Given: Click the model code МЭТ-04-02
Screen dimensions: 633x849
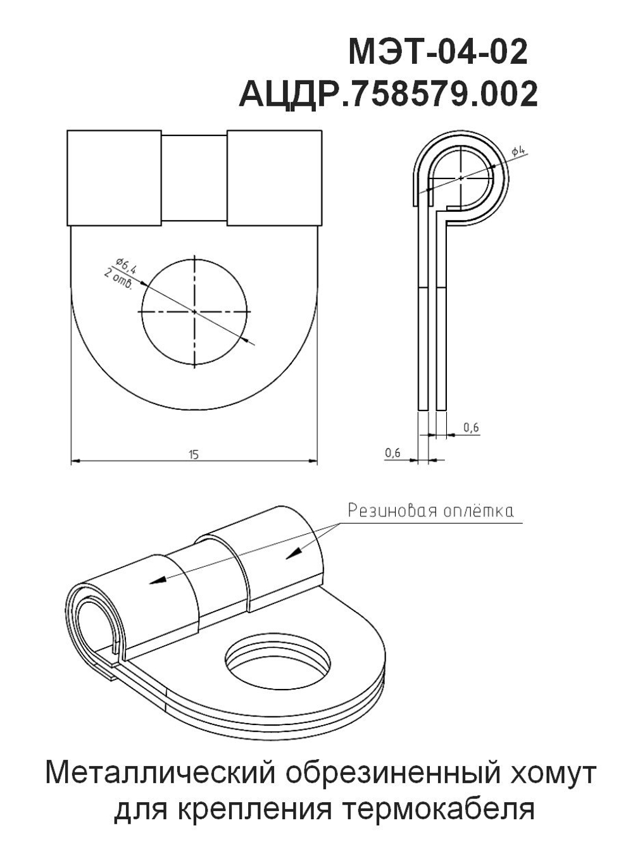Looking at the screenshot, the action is click(x=438, y=52).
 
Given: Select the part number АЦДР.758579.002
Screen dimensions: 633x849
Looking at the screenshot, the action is click(x=388, y=94).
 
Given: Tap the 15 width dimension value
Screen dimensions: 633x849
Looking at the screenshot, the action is click(x=194, y=454).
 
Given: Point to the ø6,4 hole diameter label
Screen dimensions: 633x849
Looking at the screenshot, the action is click(x=126, y=265).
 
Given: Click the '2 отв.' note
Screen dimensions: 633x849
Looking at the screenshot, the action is click(x=118, y=279).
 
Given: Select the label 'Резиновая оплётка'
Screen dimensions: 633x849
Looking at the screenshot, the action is click(x=430, y=511).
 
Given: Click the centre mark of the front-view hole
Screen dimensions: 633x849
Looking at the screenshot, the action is click(x=194, y=312).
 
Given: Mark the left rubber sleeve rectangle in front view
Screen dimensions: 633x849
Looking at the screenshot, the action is click(x=114, y=178).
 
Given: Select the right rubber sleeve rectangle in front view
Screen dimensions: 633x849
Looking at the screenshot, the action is click(x=274, y=178).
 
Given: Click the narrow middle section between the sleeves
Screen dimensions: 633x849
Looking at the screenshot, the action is click(x=194, y=178).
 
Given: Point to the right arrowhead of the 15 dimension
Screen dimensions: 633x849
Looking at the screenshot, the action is click(x=313, y=461).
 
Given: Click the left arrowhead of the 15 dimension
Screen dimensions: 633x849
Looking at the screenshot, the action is click(x=76, y=461).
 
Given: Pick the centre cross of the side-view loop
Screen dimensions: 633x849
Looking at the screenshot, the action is click(x=461, y=178).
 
